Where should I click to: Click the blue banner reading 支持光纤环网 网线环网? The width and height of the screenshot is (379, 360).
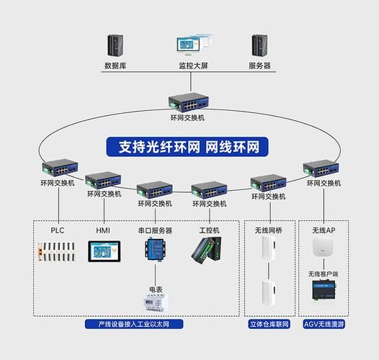tap(189, 147)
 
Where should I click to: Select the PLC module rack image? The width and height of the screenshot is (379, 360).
tap(58, 251)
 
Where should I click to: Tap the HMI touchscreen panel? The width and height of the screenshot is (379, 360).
tap(103, 251)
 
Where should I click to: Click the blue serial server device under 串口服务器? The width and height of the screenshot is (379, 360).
tap(155, 249)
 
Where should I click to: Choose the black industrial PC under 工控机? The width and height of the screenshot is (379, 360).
tap(208, 249)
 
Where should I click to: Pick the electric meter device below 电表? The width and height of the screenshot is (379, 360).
tap(155, 300)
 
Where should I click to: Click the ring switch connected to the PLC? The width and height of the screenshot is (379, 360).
tap(58, 169)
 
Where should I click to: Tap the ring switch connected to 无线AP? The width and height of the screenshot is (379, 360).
tap(321, 169)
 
